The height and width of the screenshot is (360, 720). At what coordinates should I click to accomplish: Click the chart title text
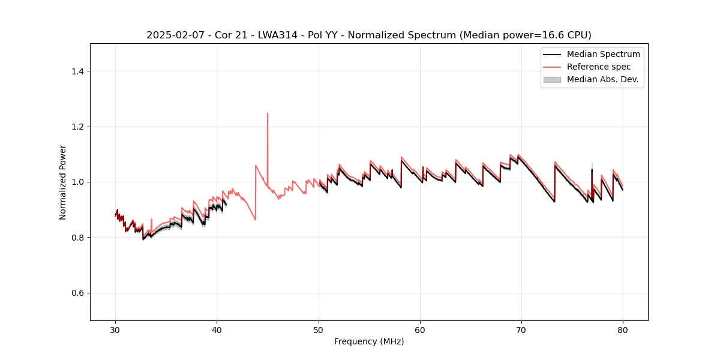368,35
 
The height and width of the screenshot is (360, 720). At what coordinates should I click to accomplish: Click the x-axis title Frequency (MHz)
369,341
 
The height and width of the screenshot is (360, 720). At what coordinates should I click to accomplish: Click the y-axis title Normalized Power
63,182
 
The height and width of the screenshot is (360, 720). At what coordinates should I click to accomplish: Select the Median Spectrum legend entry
603,54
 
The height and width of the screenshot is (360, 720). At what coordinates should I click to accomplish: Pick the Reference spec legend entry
598,67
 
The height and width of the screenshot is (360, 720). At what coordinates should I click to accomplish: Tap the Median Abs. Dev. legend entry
602,79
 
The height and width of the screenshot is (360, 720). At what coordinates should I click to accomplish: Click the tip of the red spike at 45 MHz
268,113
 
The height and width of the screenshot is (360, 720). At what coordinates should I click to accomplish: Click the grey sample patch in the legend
552,79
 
